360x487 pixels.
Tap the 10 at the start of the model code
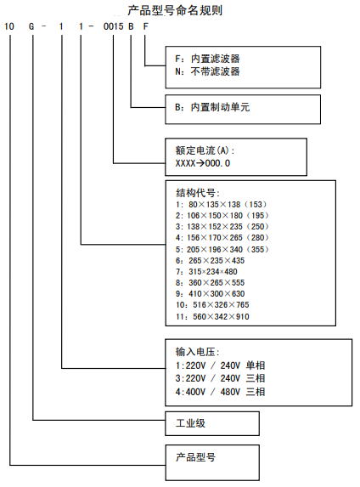[9, 26]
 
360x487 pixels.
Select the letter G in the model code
[32, 26]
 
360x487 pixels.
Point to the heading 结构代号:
[197, 192]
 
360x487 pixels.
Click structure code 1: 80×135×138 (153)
[219, 205]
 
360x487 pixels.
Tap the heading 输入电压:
[197, 351]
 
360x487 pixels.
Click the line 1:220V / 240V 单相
[219, 364]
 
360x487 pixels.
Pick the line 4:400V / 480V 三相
[219, 391]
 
